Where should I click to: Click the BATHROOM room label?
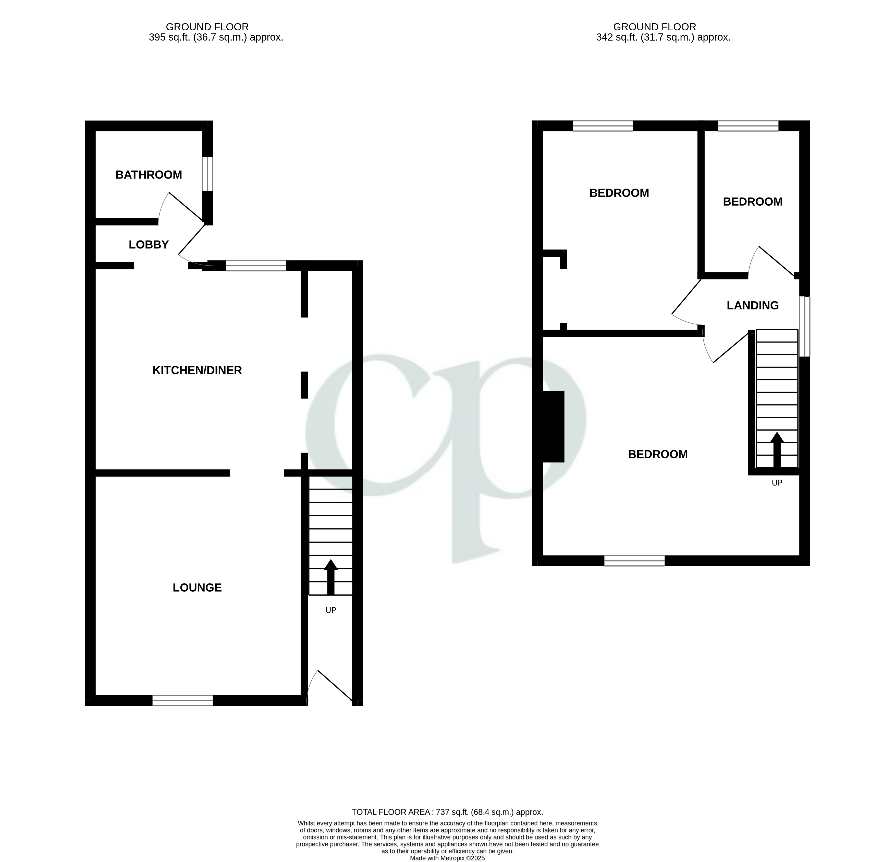tap(149, 175)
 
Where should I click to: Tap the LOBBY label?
tap(149, 245)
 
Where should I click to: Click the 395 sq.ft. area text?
tap(216, 38)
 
